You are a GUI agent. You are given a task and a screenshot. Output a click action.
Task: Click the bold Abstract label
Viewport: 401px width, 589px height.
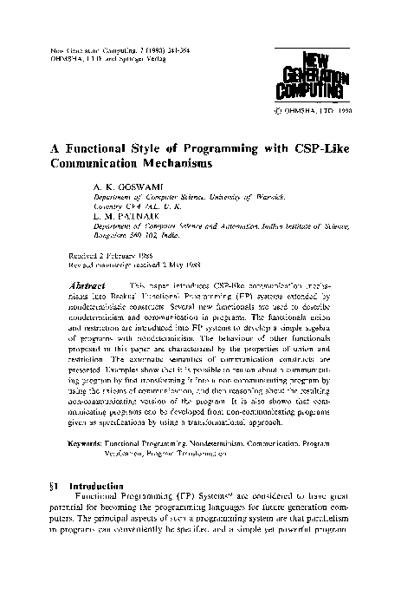pyautogui.click(x=87, y=285)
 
